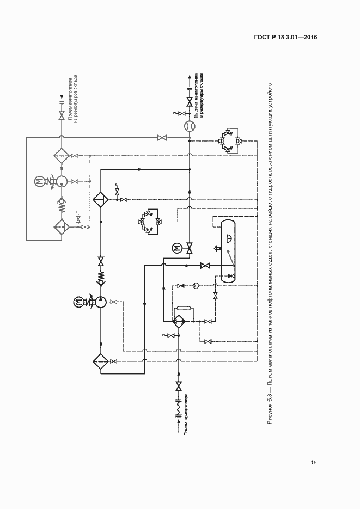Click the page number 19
click(x=314, y=463)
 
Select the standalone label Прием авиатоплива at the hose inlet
click(x=187, y=413)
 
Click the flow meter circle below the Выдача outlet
click(x=190, y=126)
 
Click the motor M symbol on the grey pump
click(x=39, y=181)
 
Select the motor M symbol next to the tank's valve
click(x=176, y=248)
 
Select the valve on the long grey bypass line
click(x=162, y=138)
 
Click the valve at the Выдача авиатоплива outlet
click(x=190, y=102)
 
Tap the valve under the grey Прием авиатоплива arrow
click(x=61, y=115)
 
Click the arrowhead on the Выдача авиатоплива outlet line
click(x=190, y=77)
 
